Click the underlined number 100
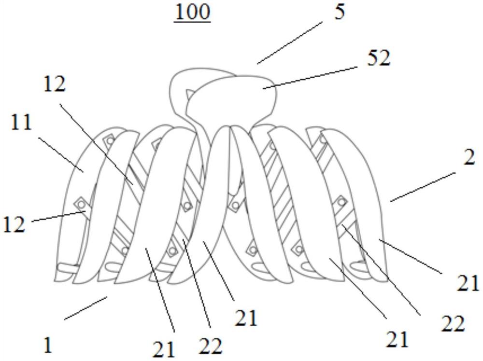pyautogui.click(x=193, y=13)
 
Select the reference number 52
pyautogui.click(x=378, y=59)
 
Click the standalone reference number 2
pyautogui.click(x=469, y=158)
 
